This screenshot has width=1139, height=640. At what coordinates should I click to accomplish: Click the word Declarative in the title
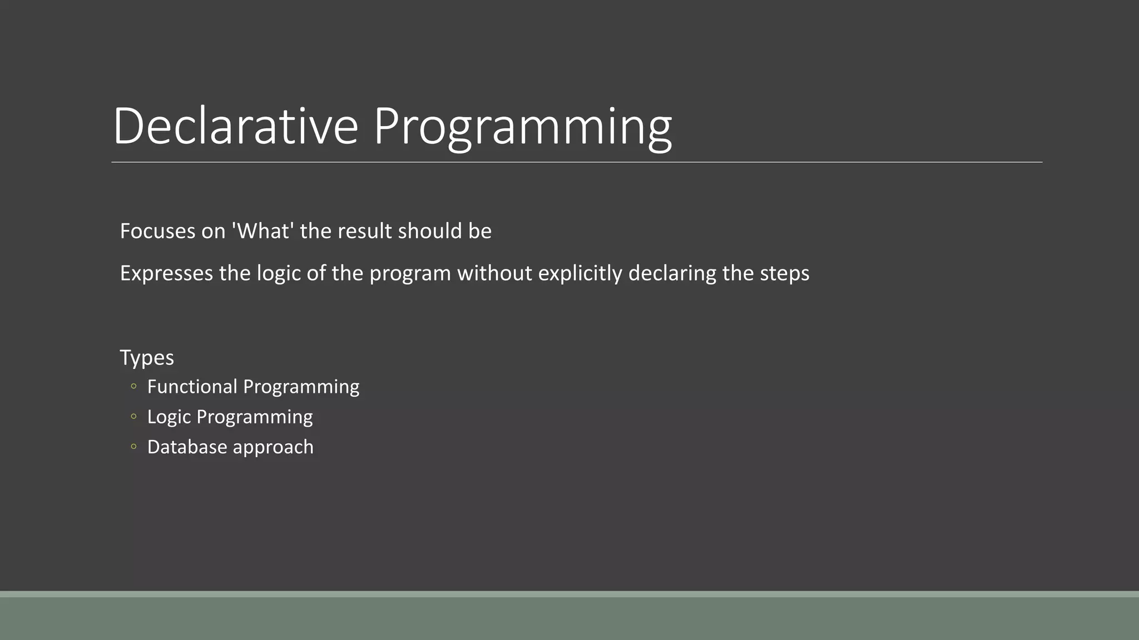[x=235, y=126]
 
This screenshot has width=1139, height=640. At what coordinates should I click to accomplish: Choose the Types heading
[x=147, y=358]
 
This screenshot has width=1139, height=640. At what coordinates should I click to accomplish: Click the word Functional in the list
[x=192, y=387]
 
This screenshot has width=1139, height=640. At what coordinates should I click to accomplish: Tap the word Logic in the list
[x=169, y=417]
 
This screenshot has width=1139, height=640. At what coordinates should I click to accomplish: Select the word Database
[x=187, y=447]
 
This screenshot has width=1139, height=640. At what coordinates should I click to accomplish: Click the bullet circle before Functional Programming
[x=133, y=387]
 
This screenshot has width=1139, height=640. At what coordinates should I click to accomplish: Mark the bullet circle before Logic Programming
[x=133, y=417]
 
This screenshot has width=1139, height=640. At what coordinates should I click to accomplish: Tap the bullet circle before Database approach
[x=133, y=447]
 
